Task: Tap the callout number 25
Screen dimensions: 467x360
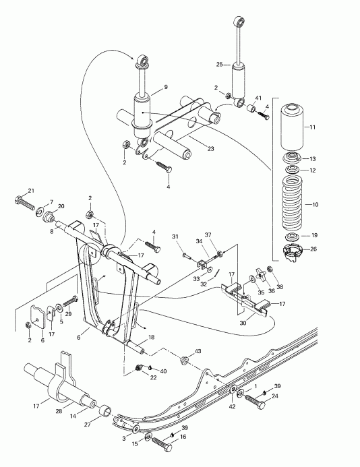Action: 219,65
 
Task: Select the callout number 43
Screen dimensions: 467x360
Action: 198,351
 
